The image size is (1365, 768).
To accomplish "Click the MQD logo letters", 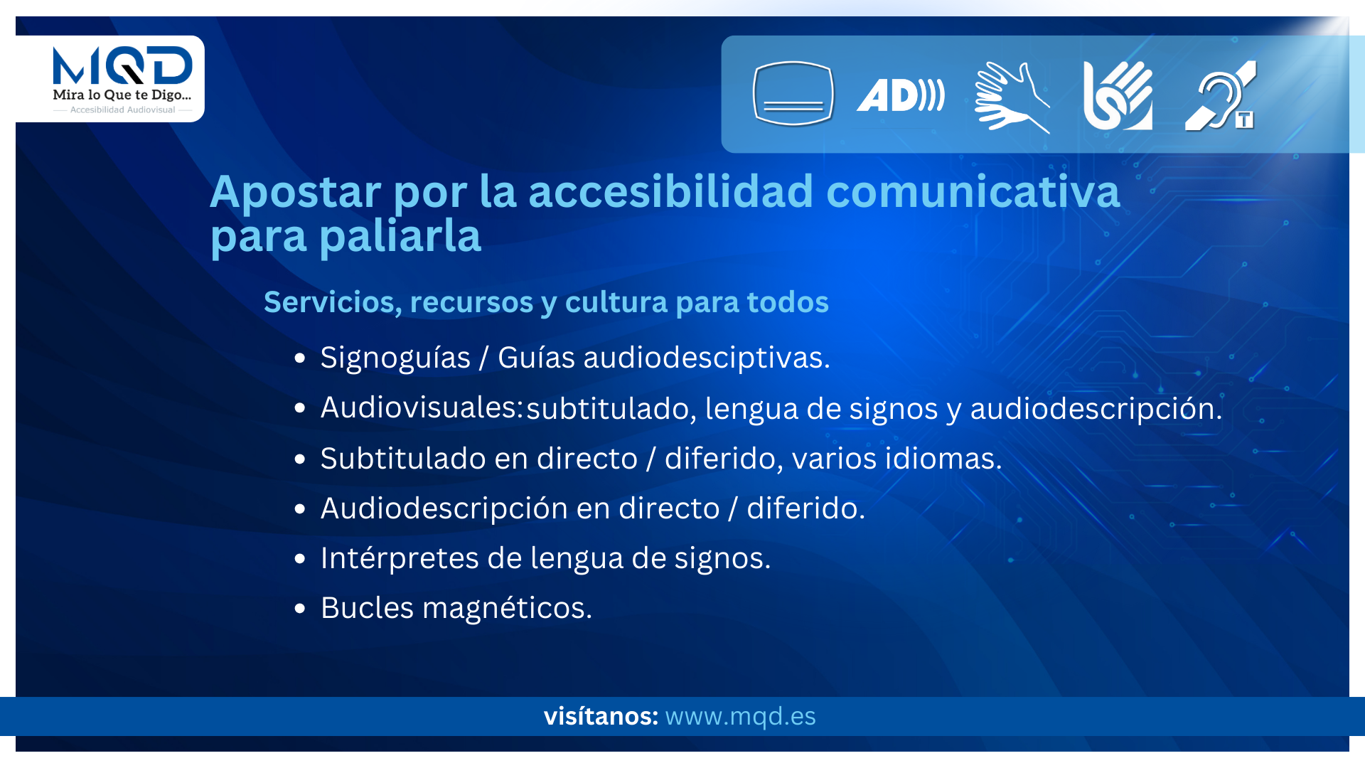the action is pyautogui.click(x=122, y=65).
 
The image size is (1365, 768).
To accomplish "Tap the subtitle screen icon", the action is pyautogui.click(x=793, y=93).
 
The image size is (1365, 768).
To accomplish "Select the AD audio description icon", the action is pyautogui.click(x=901, y=95).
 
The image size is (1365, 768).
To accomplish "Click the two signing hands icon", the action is pyautogui.click(x=1012, y=97).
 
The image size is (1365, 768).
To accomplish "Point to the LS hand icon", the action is pyautogui.click(x=1118, y=95).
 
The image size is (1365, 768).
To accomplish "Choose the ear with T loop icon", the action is pyautogui.click(x=1221, y=95).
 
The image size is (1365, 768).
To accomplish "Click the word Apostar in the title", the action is pyautogui.click(x=295, y=191).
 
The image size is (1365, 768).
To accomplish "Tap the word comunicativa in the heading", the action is pyautogui.click(x=973, y=191).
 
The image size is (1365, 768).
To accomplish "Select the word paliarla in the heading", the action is pyautogui.click(x=400, y=235).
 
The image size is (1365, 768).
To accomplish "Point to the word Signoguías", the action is pyautogui.click(x=395, y=358).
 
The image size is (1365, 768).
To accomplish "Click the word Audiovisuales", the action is pyautogui.click(x=422, y=407).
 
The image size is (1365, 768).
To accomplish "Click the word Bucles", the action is pyautogui.click(x=367, y=608).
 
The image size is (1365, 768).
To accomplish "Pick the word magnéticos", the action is pyautogui.click(x=507, y=608).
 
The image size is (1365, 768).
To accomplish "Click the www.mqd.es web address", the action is pyautogui.click(x=740, y=716).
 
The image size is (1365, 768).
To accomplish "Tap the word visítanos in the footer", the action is pyautogui.click(x=601, y=716).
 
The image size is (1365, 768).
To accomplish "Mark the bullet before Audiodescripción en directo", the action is pyautogui.click(x=299, y=509).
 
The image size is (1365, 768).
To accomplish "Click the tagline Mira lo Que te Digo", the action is pyautogui.click(x=122, y=95).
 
